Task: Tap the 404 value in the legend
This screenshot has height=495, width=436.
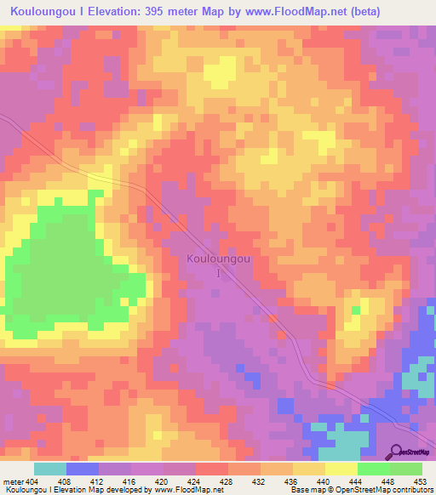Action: (32, 481)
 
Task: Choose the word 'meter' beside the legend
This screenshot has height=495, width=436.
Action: (13, 481)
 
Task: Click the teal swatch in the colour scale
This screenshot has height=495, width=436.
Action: (49, 469)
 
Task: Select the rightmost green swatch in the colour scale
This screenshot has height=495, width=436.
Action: (406, 469)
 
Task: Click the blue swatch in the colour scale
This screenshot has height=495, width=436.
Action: (82, 469)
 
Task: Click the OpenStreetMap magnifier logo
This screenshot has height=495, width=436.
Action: (397, 452)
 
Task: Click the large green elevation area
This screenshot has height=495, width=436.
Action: (64, 272)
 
